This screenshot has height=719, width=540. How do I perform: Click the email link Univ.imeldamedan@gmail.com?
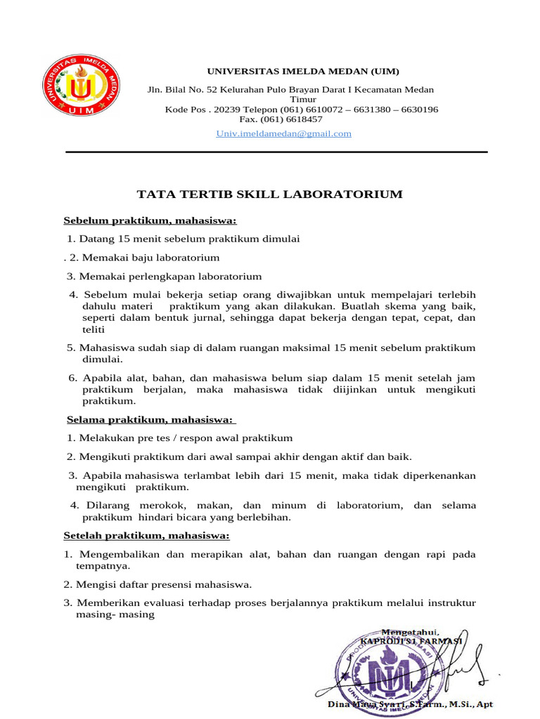(x=283, y=133)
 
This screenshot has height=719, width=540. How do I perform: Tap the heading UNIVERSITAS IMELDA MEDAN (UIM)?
(x=302, y=72)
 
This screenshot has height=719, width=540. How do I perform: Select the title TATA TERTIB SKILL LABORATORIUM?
(x=269, y=194)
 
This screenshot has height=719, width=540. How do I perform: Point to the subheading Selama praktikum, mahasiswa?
(x=150, y=419)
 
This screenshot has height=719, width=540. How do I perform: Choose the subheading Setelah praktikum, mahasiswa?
(x=147, y=536)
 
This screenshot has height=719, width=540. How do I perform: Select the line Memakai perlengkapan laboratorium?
(x=170, y=277)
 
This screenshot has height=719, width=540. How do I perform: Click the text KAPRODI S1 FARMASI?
(x=411, y=641)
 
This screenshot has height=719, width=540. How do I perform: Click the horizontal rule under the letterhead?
(x=276, y=152)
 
